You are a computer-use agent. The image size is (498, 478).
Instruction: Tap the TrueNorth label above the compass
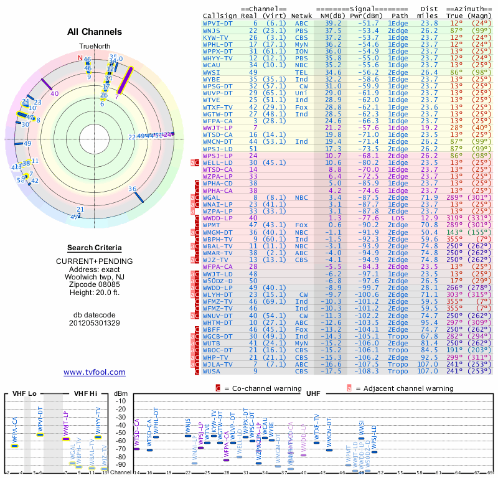pyautogui.click(x=95, y=47)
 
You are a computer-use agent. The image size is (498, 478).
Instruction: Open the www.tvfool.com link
pyautogui.click(x=95, y=372)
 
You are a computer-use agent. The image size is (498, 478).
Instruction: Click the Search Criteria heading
pyautogui.click(x=95, y=248)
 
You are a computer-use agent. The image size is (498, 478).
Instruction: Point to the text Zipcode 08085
pyautogui.click(x=95, y=284)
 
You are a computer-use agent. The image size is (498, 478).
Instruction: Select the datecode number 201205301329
pyautogui.click(x=95, y=323)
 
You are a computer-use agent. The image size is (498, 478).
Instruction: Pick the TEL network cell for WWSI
pyautogui.click(x=301, y=72)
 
